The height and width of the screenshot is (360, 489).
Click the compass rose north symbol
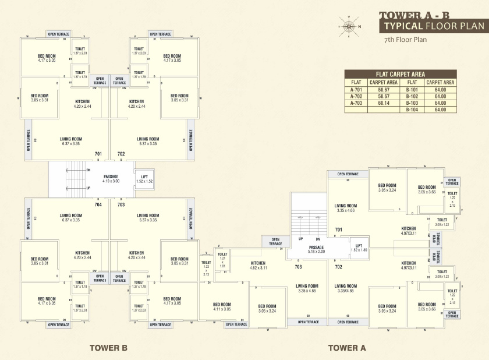point(349,26)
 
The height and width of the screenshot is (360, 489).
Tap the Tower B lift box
point(144,179)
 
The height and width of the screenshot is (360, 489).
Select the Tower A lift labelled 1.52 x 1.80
point(359,247)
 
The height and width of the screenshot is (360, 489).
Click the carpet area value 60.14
point(383,103)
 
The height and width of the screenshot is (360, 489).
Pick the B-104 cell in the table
point(412,110)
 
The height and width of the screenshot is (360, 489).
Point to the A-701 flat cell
point(356,90)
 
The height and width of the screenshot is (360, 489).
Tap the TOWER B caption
point(108,348)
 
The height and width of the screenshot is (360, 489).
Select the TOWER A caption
point(347,348)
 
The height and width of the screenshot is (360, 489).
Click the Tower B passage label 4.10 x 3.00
point(111,179)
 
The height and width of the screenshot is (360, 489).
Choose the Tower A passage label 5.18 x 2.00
point(317,249)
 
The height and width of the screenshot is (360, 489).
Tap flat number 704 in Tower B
point(98,204)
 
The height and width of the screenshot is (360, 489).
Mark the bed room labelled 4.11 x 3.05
point(222,306)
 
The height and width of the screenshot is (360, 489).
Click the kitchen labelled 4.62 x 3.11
point(258,265)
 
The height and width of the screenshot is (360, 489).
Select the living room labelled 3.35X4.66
point(346,288)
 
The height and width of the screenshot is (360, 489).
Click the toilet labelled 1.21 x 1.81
point(222,260)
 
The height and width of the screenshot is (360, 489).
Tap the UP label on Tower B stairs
point(88,188)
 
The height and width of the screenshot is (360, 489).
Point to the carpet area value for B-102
point(440,96)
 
